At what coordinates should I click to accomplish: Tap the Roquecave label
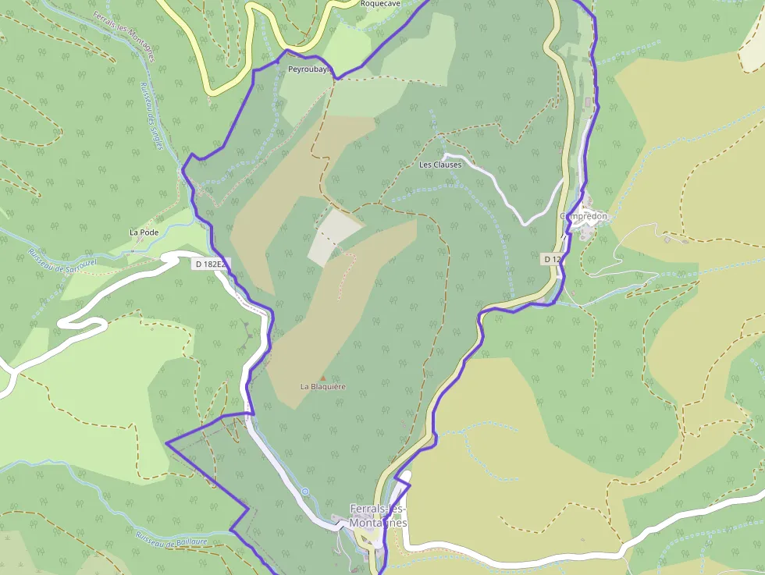click(x=380, y=4)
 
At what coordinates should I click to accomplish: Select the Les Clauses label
click(x=440, y=165)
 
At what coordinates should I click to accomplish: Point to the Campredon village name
click(x=584, y=216)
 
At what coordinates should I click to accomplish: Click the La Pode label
click(x=143, y=232)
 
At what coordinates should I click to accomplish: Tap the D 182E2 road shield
click(x=210, y=264)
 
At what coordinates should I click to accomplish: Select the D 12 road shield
click(x=552, y=258)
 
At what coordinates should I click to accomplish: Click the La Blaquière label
click(x=322, y=386)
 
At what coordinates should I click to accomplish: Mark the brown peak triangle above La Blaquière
click(x=322, y=378)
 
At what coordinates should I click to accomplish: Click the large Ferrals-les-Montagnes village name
click(x=378, y=516)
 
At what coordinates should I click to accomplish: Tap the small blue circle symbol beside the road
click(x=305, y=492)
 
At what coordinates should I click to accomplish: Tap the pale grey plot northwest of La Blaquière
click(x=333, y=236)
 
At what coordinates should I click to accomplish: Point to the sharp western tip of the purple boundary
click(x=166, y=442)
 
